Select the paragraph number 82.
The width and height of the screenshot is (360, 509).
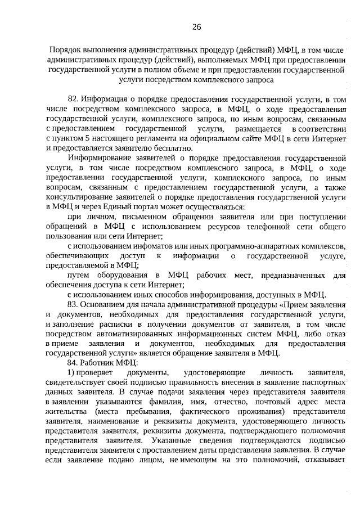(x=73, y=99)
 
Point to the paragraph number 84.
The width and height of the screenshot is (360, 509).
(x=73, y=363)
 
